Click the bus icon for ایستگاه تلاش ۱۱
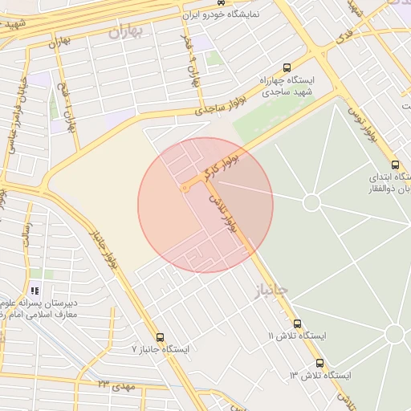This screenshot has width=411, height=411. click(297, 322)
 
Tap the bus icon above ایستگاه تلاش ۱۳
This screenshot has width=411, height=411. click(320, 363)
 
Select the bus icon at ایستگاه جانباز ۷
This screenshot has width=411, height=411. click(161, 337)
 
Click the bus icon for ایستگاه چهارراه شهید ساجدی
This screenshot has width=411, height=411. click(287, 68)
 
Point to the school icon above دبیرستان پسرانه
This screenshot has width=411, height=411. click(35, 291)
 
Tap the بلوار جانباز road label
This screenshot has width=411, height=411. click(104, 250)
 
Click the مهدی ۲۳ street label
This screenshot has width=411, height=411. click(113, 387)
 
